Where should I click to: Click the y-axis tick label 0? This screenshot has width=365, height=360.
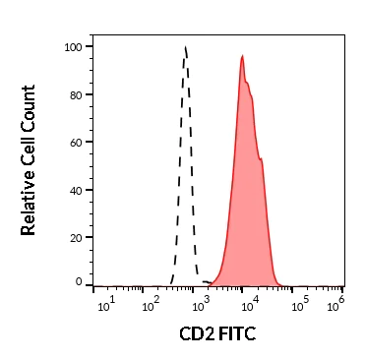click(80, 282)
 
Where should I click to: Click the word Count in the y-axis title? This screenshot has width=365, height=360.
click(29, 107)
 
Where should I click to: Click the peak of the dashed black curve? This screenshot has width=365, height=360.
click(186, 46)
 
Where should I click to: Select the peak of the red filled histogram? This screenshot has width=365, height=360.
click(242, 56)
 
